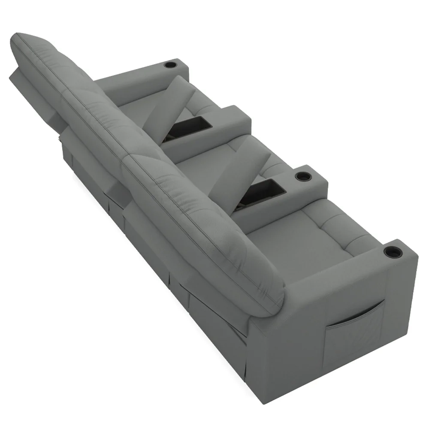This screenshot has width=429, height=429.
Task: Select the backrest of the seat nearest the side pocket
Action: pyautogui.click(x=214, y=223)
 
